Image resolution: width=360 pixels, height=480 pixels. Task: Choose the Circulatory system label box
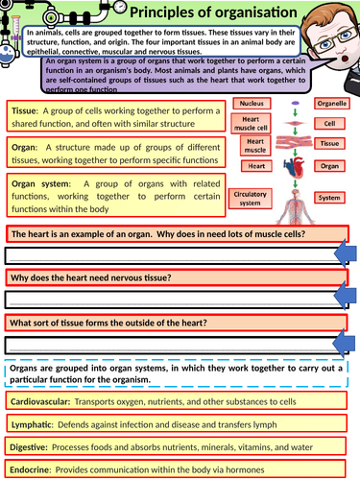pyautogui.click(x=252, y=198)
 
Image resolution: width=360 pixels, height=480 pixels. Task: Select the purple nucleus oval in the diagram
pyautogui.click(x=295, y=103)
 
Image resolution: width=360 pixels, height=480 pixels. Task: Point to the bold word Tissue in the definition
pyautogui.click(x=24, y=111)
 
